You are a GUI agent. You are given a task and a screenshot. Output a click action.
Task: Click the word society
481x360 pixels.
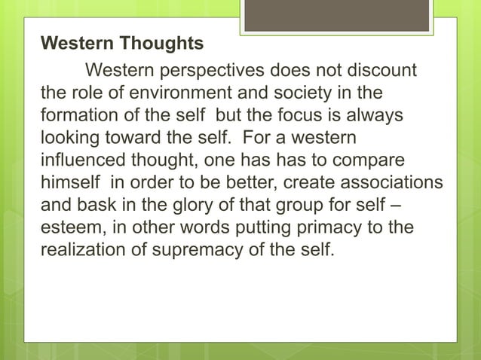click(x=290, y=94)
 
